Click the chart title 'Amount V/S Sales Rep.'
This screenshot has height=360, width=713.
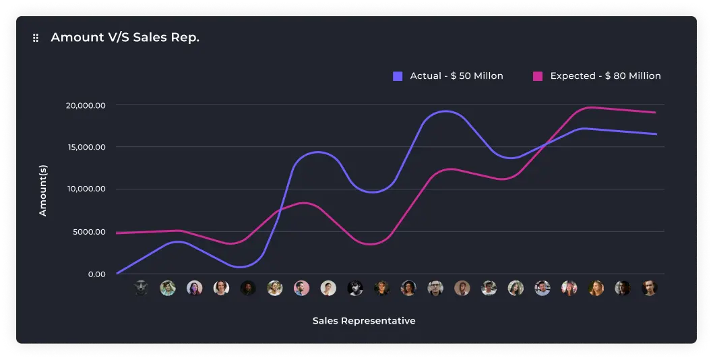click(125, 38)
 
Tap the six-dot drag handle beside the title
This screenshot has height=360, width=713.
click(36, 38)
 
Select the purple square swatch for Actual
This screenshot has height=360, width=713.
click(398, 76)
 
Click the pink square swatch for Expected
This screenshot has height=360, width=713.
click(538, 76)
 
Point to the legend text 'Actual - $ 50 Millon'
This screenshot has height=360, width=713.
click(456, 76)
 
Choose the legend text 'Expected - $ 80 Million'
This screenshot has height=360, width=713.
click(605, 76)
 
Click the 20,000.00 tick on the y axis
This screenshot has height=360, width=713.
click(86, 105)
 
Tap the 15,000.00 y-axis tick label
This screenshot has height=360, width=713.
click(86, 147)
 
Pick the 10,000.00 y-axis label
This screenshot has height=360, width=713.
click(86, 189)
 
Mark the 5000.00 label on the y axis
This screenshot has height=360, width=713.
click(89, 232)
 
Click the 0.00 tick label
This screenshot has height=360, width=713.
click(96, 274)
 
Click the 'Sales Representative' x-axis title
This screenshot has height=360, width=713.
click(364, 321)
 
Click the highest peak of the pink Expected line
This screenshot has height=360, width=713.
click(592, 107)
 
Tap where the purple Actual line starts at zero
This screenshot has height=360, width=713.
click(117, 273)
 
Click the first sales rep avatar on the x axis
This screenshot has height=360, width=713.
click(141, 288)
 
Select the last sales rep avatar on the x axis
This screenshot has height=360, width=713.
click(649, 288)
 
